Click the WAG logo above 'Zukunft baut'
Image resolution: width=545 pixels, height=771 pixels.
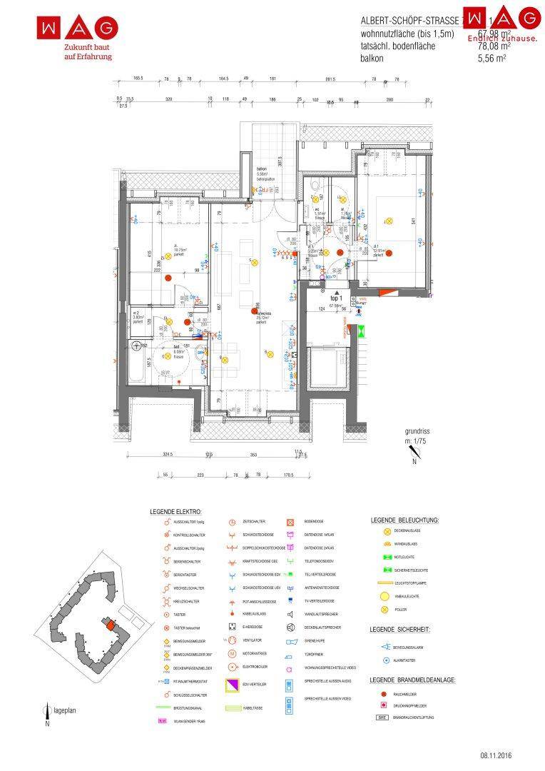(78, 28)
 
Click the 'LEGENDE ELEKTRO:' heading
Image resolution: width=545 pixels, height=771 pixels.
(175, 513)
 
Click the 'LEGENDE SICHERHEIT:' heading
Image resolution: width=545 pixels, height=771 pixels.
(399, 630)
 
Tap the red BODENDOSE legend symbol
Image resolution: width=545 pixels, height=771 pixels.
(291, 522)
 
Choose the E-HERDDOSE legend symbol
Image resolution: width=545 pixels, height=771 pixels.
(232, 626)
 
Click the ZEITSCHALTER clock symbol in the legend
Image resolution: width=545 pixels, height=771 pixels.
(232, 522)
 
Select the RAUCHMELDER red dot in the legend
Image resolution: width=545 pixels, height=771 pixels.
(383, 694)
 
